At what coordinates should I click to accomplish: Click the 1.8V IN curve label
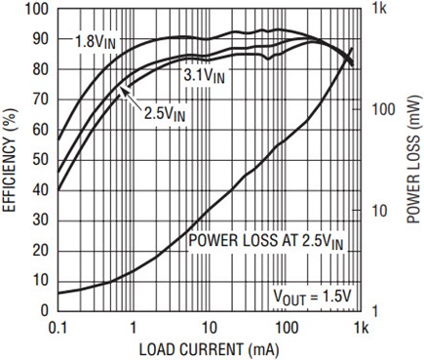pyautogui.click(x=96, y=42)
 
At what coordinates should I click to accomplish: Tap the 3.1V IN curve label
pyautogui.click(x=204, y=76)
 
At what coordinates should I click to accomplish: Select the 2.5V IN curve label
pyautogui.click(x=165, y=114)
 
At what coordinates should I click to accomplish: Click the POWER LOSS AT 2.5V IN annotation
pyautogui.click(x=266, y=242)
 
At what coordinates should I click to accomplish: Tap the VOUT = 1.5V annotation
pyautogui.click(x=312, y=297)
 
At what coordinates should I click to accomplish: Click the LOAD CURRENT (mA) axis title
pyautogui.click(x=210, y=349)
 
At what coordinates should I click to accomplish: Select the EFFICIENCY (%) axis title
pyautogui.click(x=10, y=160)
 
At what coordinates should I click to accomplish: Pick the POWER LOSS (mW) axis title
pyautogui.click(x=414, y=159)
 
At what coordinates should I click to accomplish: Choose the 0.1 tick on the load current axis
pyautogui.click(x=58, y=328)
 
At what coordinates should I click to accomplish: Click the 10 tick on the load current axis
pyautogui.click(x=209, y=328)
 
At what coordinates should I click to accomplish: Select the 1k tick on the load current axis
pyautogui.click(x=361, y=328)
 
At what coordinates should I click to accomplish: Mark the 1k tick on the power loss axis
pyautogui.click(x=379, y=9)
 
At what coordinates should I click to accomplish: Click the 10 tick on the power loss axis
pyautogui.click(x=379, y=211)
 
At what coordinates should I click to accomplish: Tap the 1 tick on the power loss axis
pyautogui.click(x=375, y=311)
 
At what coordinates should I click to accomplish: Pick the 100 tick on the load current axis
pyautogui.click(x=285, y=328)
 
